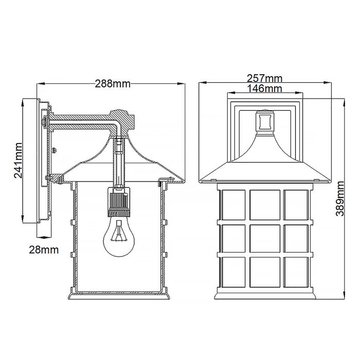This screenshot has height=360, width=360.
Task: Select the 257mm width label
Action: pos(265,79)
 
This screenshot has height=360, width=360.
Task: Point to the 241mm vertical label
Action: pos(17,160)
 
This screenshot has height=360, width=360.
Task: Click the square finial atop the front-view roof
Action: pos(265,121)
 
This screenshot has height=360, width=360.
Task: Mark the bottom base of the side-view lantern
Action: pos(118,297)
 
